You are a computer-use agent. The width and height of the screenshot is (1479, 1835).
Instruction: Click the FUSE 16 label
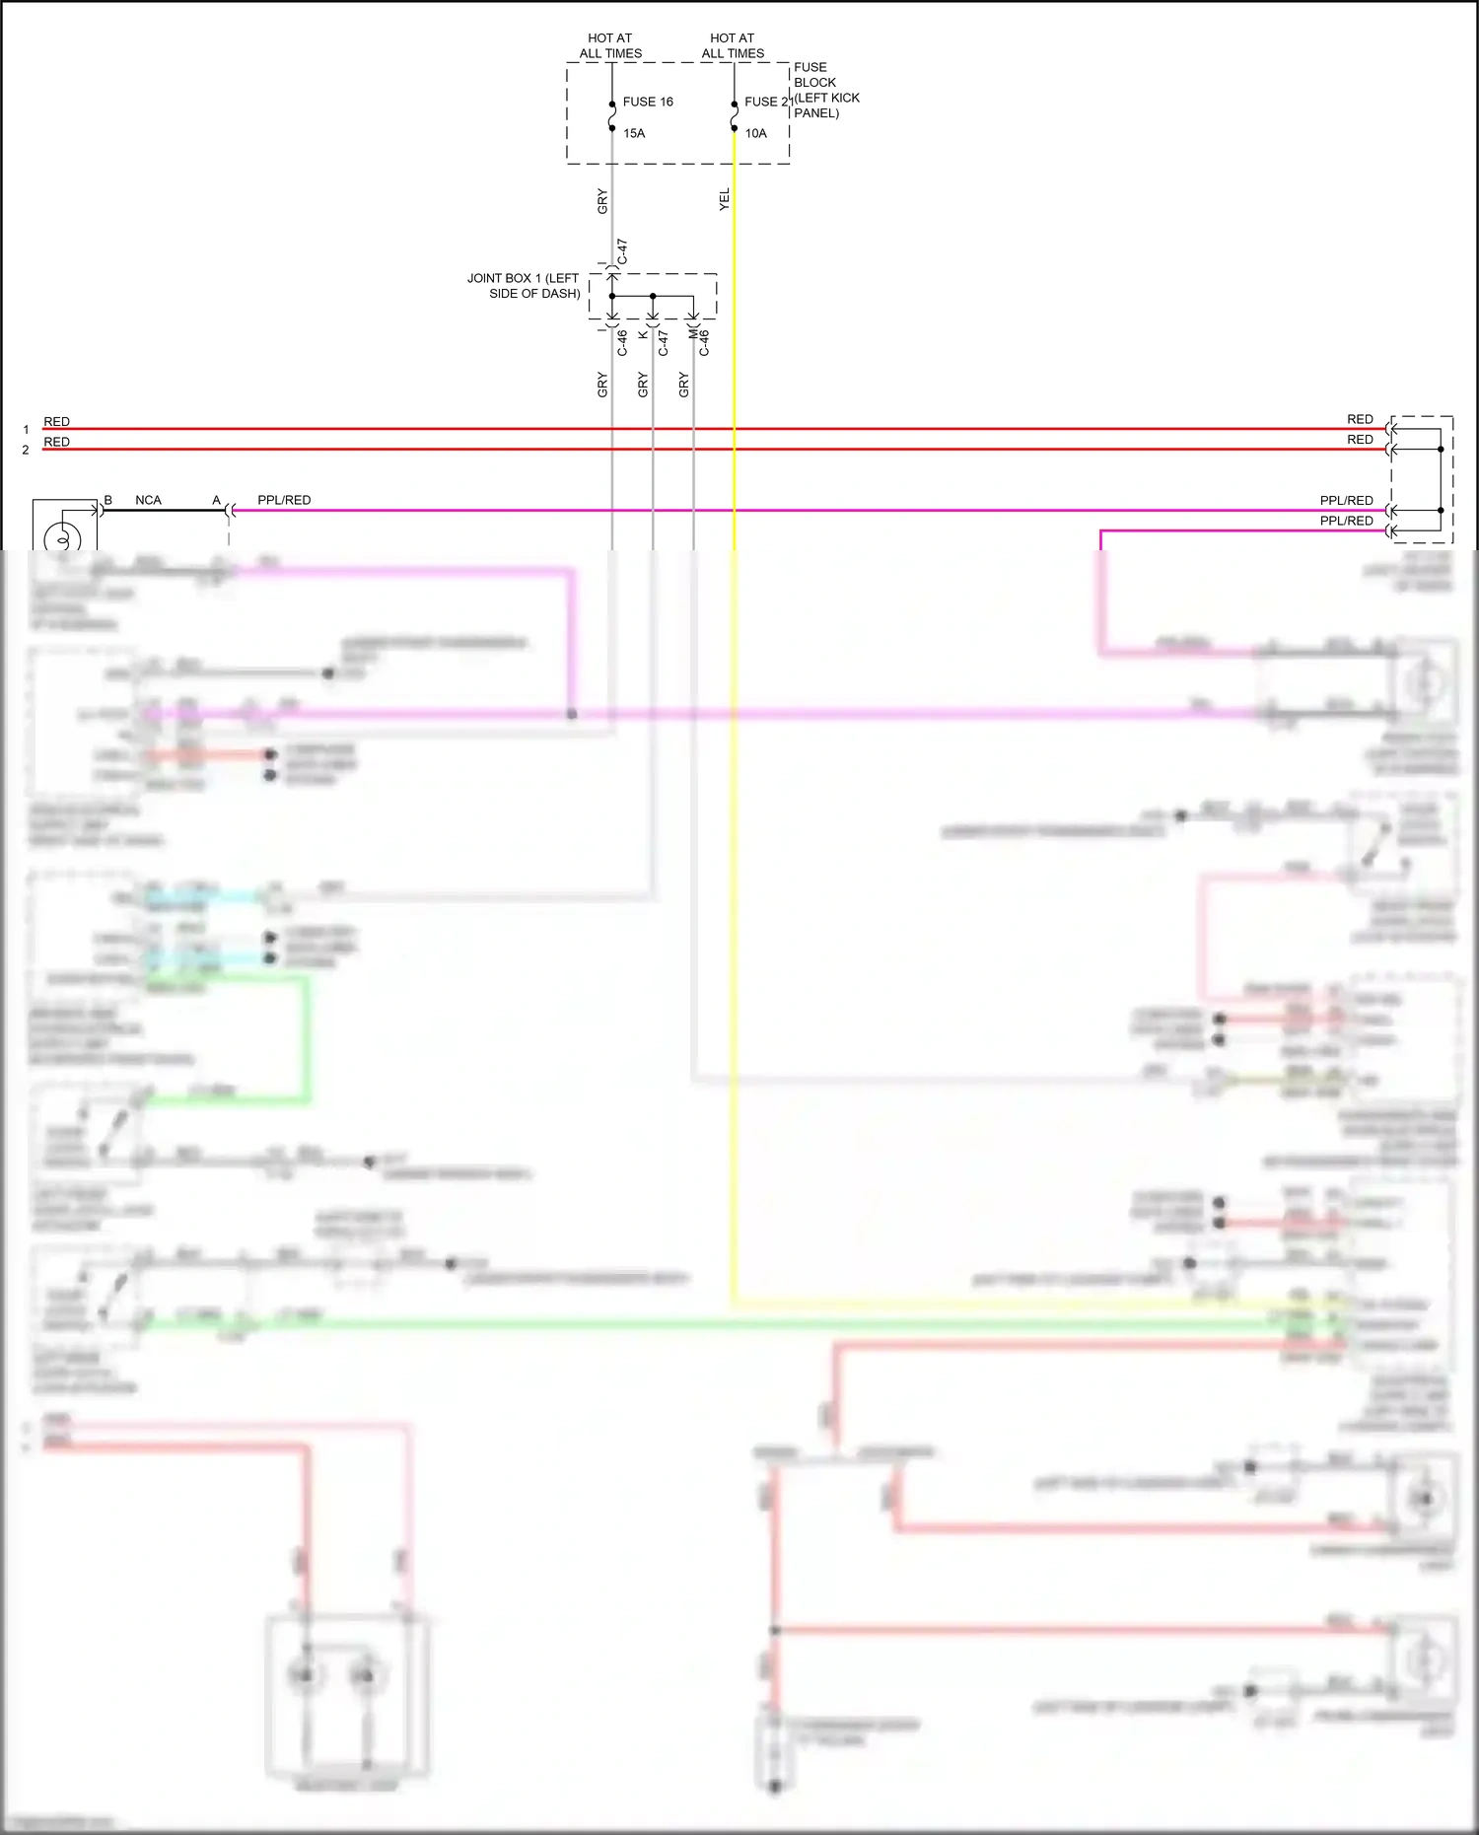coord(648,102)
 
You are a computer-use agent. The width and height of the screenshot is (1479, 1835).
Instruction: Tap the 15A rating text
coord(634,133)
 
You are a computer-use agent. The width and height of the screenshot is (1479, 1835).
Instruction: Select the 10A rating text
coord(755,133)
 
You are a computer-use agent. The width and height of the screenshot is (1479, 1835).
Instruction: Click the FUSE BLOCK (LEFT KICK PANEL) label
coord(825,90)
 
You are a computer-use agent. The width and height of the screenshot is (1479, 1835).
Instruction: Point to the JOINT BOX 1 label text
coord(524,286)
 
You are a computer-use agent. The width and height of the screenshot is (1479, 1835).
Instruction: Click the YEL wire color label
coord(725,199)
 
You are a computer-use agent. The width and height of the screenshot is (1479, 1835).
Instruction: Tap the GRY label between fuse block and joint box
coord(602,202)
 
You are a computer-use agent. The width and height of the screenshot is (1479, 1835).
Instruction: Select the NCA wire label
coord(148,500)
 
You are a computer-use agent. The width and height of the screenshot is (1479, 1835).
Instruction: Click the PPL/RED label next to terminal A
coord(284,500)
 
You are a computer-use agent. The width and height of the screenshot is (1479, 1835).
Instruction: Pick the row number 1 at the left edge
coord(26,430)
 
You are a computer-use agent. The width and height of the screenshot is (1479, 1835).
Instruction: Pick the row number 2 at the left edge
coord(26,450)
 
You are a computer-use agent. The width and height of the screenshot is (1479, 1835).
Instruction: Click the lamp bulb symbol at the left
coord(63,538)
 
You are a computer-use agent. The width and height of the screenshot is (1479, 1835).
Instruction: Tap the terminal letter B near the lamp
coord(108,500)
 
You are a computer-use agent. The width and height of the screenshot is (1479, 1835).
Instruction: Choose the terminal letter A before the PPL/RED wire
coord(217,500)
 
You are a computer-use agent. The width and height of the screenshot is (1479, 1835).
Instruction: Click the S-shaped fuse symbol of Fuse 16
coord(612,116)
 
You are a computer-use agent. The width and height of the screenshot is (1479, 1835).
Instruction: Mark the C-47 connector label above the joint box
coord(622,251)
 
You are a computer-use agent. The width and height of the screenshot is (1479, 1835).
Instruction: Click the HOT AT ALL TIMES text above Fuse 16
coord(610,45)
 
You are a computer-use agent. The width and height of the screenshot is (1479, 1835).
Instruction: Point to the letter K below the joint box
coord(643,335)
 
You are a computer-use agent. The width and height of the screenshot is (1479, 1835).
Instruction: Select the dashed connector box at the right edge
coord(1422,479)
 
